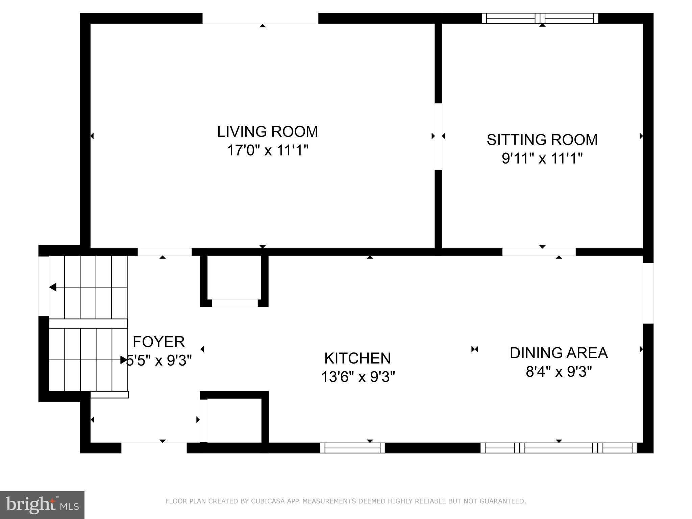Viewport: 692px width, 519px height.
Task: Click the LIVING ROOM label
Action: point(267,131)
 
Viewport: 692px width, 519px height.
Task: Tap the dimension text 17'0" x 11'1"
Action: point(267,150)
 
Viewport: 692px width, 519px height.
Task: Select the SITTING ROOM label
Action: point(542,140)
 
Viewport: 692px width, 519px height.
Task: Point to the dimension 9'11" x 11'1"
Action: point(542,158)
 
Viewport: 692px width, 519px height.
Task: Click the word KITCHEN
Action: point(357,358)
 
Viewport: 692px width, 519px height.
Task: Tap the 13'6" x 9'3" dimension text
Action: point(357,377)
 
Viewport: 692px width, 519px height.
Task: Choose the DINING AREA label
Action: point(559,353)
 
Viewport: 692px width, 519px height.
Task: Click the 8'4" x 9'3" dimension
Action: point(559,372)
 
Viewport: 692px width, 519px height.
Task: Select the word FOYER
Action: point(158,342)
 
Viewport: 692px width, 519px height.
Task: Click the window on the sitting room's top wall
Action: point(540,18)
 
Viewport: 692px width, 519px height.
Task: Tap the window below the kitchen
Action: point(352,448)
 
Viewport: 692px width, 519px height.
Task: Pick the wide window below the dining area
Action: point(558,448)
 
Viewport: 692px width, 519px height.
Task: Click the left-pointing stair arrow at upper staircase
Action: point(53,287)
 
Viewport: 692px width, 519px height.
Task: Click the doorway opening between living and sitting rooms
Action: point(438,136)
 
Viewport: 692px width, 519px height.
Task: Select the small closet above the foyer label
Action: point(234,278)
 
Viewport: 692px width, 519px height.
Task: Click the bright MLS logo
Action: point(42,505)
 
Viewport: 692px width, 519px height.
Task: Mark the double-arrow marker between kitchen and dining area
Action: point(475,349)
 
